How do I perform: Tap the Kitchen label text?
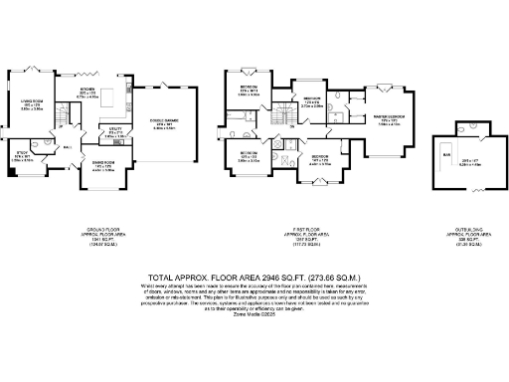(88, 91)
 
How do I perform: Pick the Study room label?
(21, 153)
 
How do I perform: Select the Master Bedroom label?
(388, 118)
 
